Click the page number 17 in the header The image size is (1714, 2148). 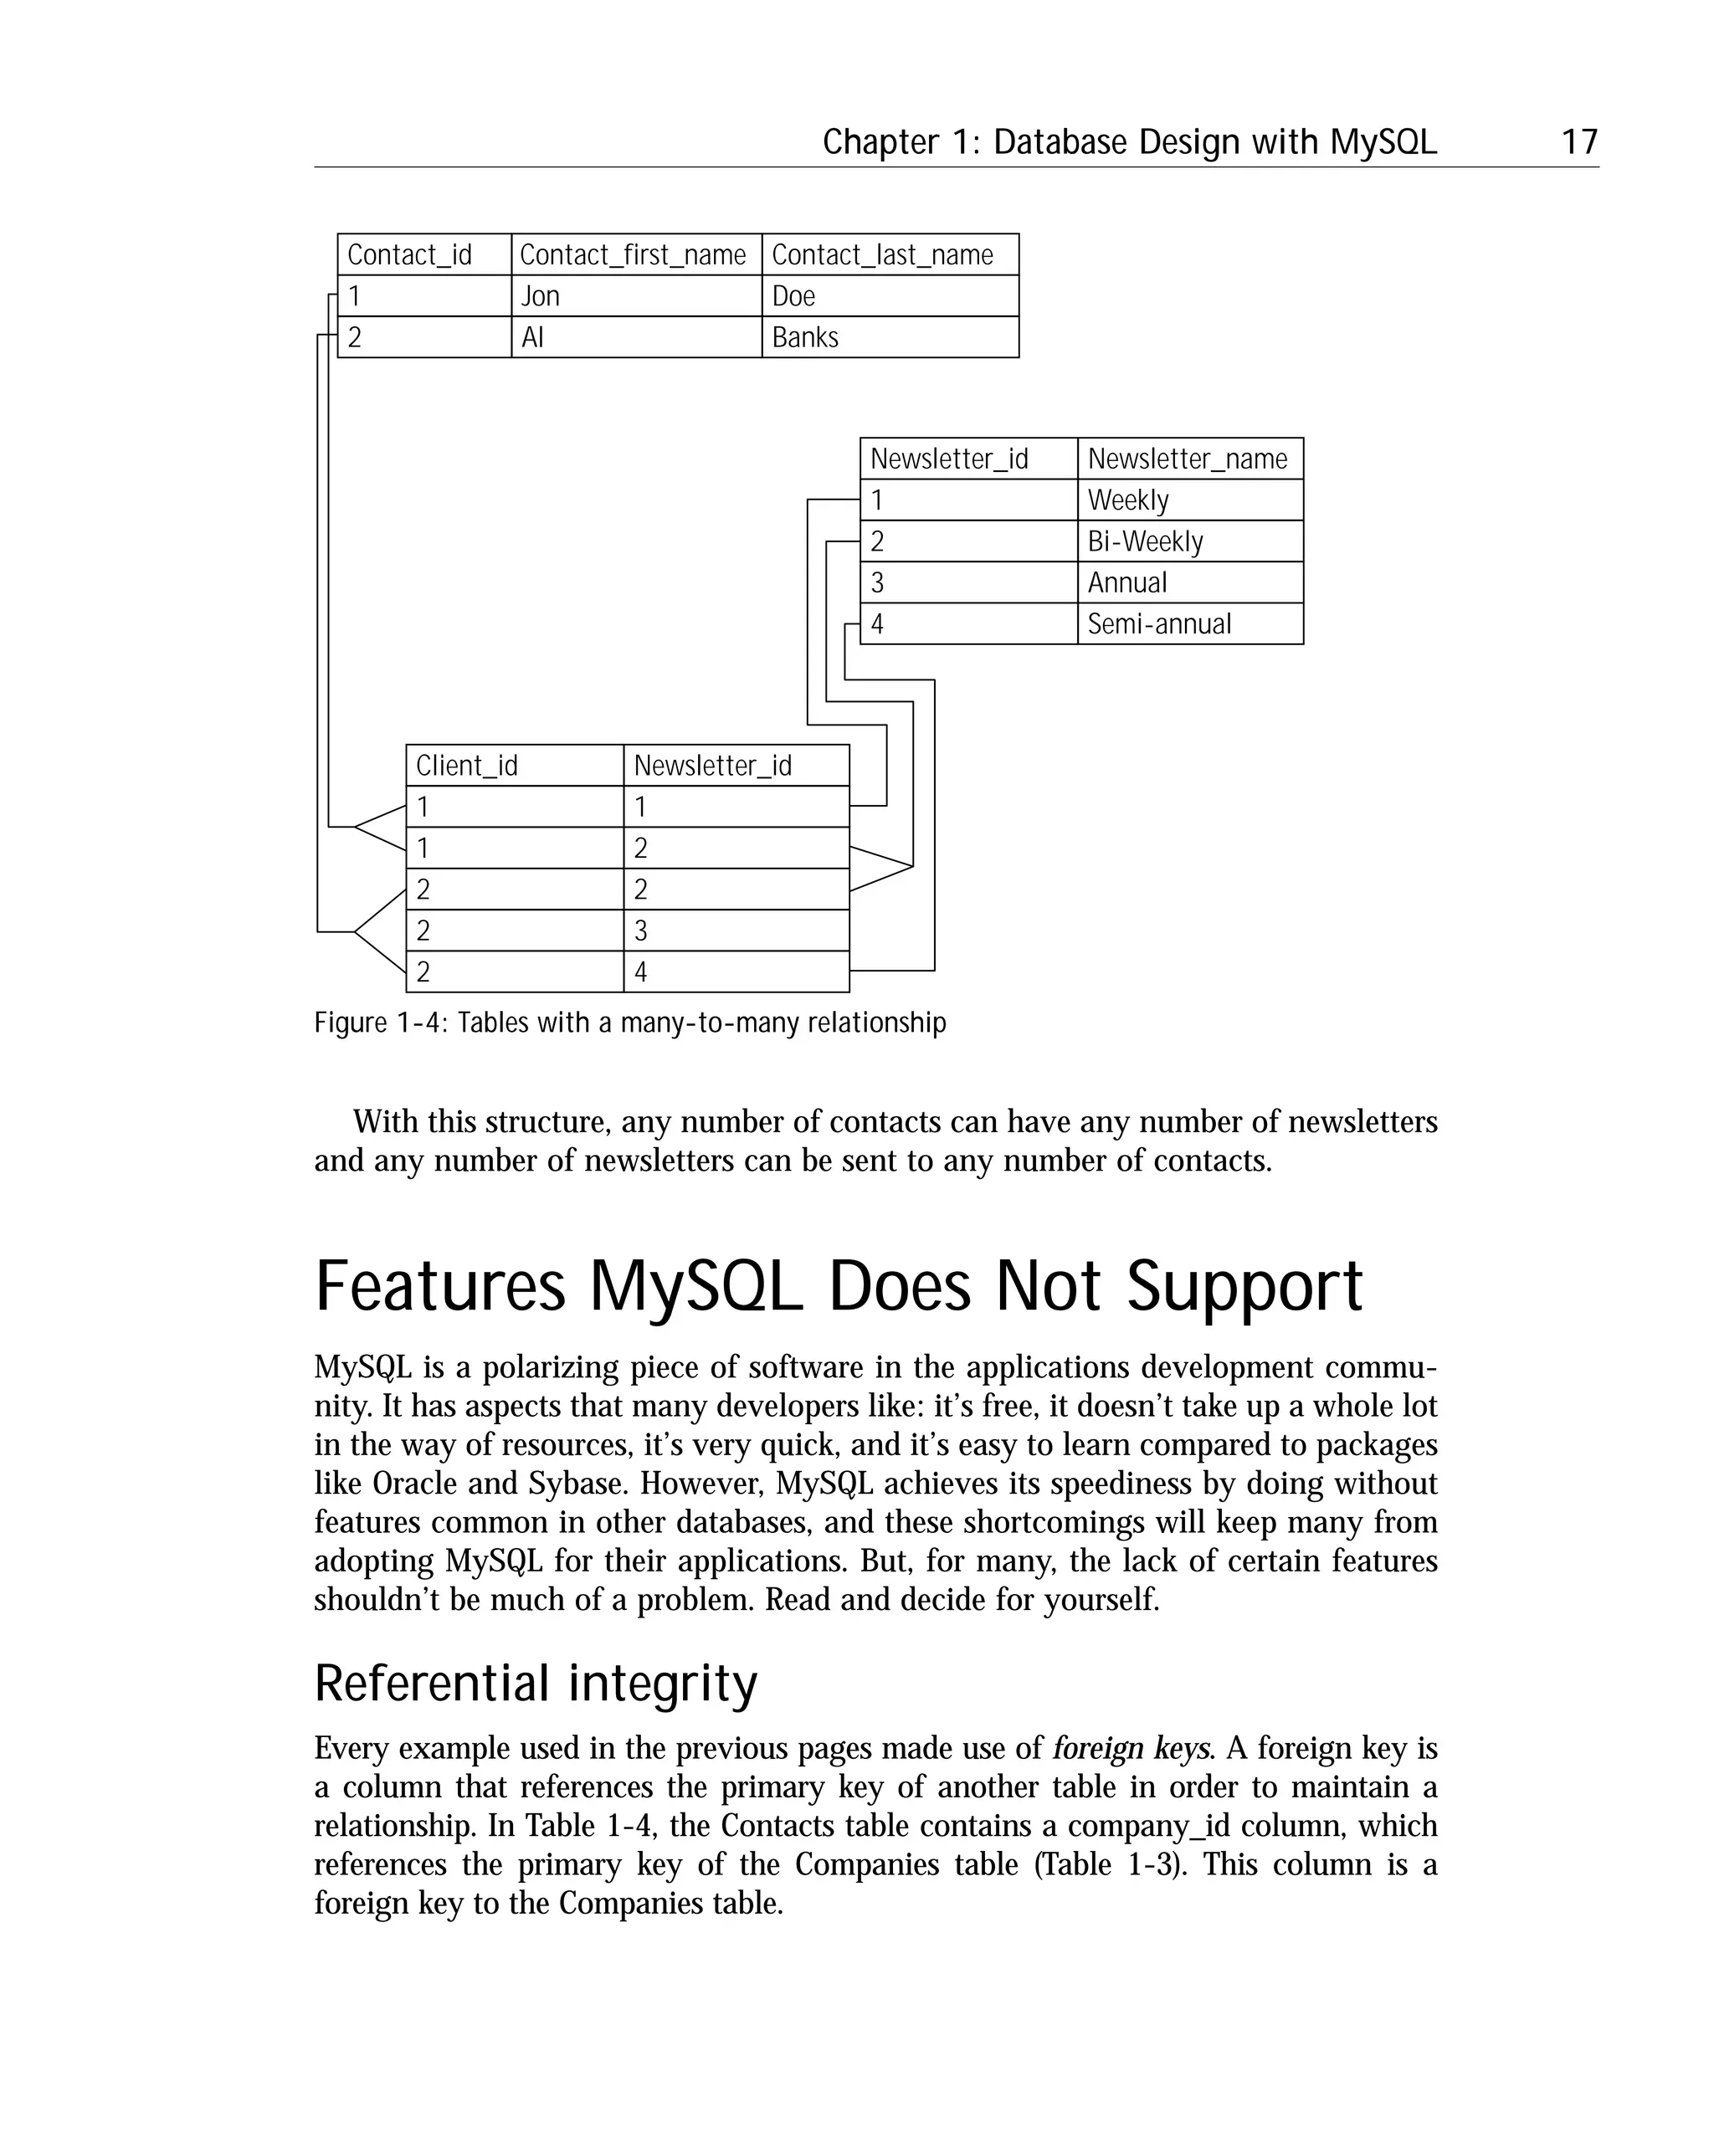1579,142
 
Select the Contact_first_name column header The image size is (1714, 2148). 633,255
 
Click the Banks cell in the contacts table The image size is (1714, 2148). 805,338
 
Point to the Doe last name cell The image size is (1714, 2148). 793,296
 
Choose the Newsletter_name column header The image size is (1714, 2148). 1187,459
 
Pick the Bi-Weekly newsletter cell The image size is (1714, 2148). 1145,542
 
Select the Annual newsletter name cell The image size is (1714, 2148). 1127,583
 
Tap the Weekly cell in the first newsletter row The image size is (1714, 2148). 1128,500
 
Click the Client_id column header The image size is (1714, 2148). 466,766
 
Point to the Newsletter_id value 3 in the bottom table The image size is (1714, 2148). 641,931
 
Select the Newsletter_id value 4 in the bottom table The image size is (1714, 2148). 641,972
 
